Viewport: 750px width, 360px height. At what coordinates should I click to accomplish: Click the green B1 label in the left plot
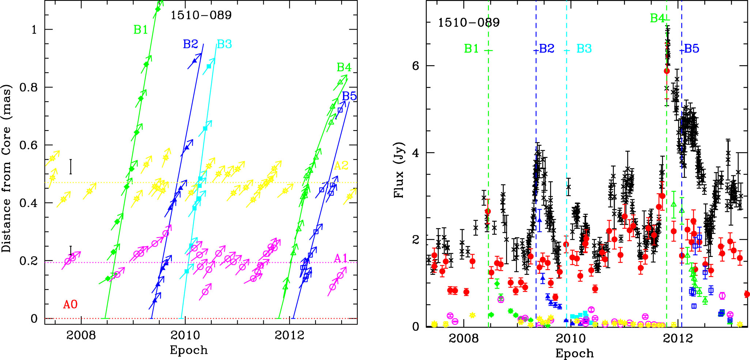[x=141, y=30]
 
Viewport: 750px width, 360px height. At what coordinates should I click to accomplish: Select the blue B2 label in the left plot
[x=190, y=44]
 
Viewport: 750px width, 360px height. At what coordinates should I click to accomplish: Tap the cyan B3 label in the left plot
[x=224, y=44]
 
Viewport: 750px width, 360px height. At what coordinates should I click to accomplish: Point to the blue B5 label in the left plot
[x=349, y=96]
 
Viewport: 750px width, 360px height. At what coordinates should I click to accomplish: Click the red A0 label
[x=70, y=304]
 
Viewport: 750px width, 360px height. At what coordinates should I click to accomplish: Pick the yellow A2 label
[x=341, y=166]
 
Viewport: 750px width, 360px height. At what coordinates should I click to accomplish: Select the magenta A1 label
[x=341, y=258]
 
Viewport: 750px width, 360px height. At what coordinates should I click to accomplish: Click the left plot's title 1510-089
[x=201, y=15]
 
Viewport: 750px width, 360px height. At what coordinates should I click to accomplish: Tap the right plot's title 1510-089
[x=469, y=23]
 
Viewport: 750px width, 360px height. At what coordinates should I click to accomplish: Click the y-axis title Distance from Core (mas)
[x=7, y=168]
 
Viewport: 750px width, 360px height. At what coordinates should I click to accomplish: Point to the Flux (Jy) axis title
[x=399, y=170]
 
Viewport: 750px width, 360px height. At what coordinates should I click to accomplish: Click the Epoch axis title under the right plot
[x=574, y=353]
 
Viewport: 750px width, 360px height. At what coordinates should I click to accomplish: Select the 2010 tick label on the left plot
[x=185, y=335]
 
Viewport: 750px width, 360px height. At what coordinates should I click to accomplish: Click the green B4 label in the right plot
[x=657, y=18]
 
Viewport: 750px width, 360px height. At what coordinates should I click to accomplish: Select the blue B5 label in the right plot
[x=691, y=49]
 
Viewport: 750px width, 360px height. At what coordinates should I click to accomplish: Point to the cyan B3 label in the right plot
[x=584, y=49]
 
